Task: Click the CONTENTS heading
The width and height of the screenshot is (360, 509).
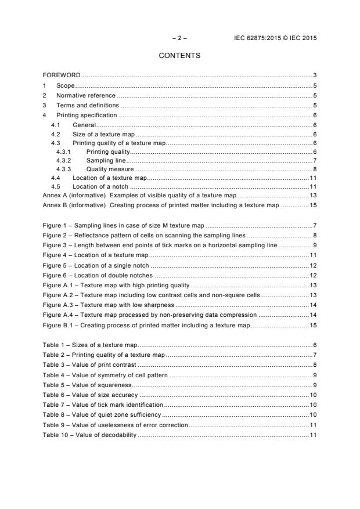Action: coord(179,56)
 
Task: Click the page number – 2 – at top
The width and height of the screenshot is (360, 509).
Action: coord(179,38)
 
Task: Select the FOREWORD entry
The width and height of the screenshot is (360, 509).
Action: coord(62,75)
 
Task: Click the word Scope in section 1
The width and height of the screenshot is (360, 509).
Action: coord(65,85)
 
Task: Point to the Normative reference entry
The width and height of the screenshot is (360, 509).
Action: coord(86,95)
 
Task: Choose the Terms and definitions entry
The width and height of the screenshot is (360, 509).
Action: coord(87,105)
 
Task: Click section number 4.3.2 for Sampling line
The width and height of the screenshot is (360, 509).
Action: coord(63,160)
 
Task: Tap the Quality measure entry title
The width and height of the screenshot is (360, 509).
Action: coord(110,169)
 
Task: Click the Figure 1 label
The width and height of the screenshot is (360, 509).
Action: coord(56,225)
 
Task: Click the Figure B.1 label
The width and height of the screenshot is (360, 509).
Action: coord(60,325)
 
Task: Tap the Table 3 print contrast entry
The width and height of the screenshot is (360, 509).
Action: coord(89,364)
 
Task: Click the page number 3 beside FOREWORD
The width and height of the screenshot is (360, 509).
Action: coord(314,75)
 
